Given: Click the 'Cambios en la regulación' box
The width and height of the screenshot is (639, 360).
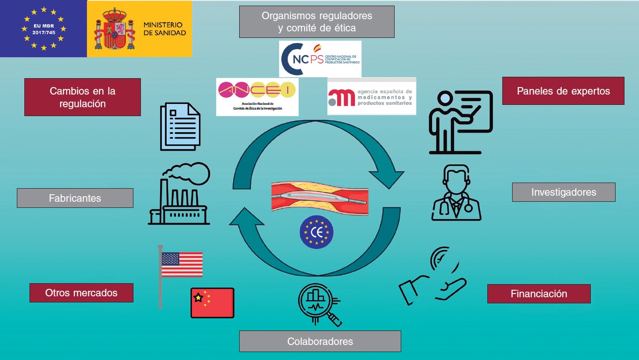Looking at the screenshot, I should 82,97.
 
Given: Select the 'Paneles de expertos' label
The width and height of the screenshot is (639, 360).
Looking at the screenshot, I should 563,91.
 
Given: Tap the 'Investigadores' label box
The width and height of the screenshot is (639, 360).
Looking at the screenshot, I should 564,192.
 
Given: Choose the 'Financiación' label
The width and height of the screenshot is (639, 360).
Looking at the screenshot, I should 539,294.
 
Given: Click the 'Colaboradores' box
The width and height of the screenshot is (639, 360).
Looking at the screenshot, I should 320,341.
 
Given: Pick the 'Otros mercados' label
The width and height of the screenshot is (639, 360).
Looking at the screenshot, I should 81,293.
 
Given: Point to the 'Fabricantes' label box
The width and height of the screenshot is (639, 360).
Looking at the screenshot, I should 75,198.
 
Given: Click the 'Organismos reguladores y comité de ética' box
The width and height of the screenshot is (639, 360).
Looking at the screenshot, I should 316,22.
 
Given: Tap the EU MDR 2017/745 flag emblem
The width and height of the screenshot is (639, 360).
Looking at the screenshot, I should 43,29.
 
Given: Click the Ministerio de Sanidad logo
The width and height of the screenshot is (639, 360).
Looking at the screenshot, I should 140,29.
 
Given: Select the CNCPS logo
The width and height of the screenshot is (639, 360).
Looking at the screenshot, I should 320,59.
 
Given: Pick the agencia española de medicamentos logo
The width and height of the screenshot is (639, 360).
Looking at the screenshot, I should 371,96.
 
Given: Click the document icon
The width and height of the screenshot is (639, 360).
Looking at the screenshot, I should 180,126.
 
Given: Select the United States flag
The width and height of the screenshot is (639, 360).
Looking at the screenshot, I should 181,264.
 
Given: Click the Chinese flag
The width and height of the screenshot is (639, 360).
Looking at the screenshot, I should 213,303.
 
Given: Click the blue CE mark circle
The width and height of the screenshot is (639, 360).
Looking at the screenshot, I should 317,232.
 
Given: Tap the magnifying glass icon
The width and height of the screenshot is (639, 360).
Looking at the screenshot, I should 319,304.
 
